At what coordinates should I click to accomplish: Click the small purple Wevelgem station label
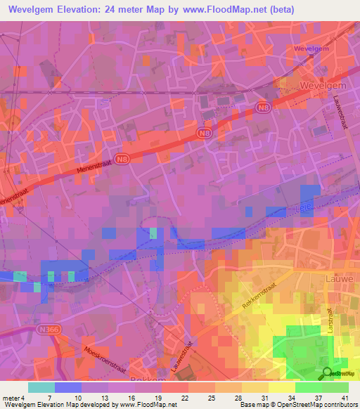click(x=311, y=48)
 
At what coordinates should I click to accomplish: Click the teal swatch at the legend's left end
click(x=41, y=387)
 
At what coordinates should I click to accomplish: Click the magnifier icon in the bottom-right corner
click(x=328, y=374)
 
